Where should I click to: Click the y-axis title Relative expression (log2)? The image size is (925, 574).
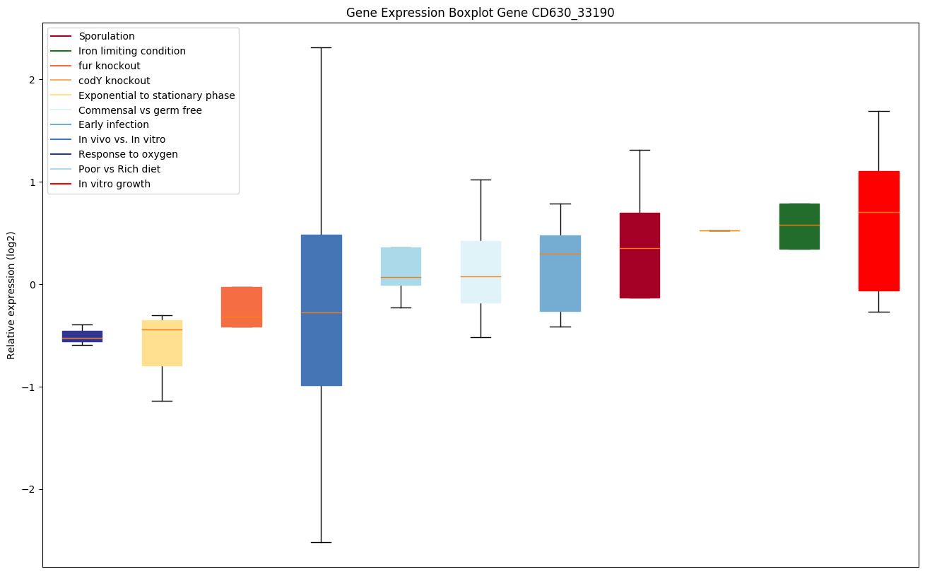tap(11, 295)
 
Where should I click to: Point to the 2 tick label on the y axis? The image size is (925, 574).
tap(31, 80)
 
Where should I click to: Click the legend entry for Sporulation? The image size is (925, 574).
tap(107, 36)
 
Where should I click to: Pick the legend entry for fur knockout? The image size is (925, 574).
tap(110, 66)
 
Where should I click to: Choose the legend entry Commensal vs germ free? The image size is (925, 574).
tap(140, 110)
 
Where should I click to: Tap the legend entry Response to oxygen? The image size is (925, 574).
tap(128, 154)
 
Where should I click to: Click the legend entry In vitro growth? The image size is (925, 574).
tap(114, 184)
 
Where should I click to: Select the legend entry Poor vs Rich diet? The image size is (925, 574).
tap(119, 169)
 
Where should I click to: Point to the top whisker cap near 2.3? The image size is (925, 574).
tap(322, 47)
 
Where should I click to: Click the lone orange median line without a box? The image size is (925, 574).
tap(719, 230)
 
